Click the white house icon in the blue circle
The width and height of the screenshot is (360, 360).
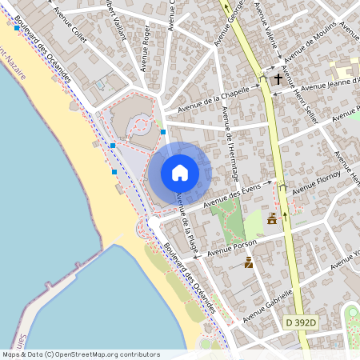[x=180, y=173]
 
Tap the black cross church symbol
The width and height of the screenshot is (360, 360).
[x=278, y=78]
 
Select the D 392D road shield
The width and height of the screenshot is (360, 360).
[x=301, y=322]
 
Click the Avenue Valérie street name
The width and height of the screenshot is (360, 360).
[x=265, y=19]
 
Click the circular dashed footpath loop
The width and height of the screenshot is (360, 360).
[x=142, y=125]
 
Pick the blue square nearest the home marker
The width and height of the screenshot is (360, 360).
[x=163, y=131]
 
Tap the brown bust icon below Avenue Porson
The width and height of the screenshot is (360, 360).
[x=249, y=262]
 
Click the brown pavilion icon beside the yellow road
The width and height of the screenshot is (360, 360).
[x=272, y=219]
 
